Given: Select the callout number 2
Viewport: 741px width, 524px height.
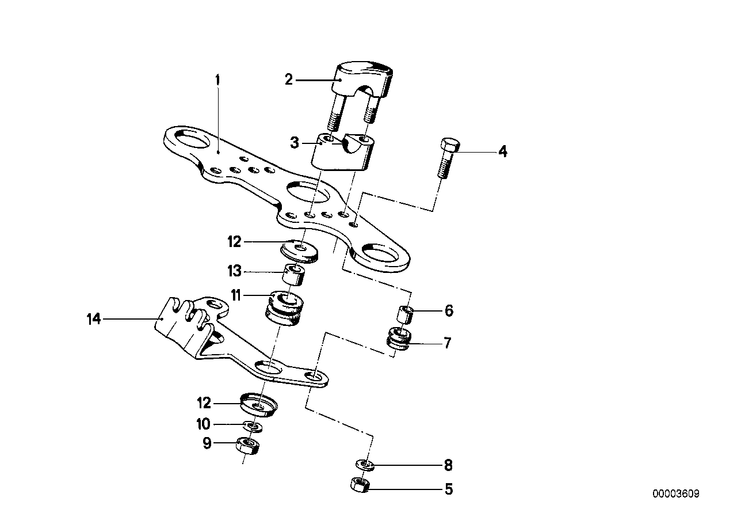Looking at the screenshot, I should [289, 80].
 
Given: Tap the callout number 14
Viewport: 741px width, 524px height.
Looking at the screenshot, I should [93, 318].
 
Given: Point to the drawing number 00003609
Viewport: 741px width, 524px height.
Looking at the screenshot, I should [676, 494].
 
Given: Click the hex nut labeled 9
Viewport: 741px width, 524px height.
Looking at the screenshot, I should [247, 445].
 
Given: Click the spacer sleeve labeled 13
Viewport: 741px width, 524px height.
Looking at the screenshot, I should [295, 275].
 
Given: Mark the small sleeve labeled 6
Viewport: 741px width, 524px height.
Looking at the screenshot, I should [406, 316].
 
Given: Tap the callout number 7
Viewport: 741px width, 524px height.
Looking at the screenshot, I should [448, 344].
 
